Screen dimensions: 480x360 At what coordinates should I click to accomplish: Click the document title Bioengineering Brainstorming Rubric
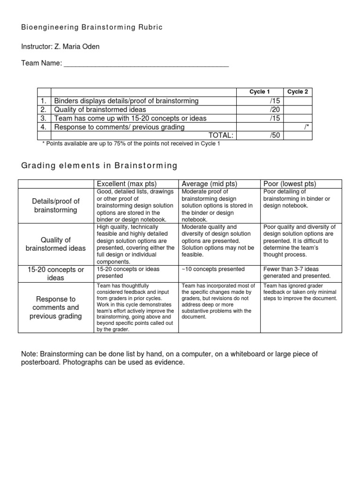coord(92,28)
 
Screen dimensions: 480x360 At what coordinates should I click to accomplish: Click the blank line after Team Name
coord(146,64)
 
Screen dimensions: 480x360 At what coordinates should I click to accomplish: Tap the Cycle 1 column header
coord(259,92)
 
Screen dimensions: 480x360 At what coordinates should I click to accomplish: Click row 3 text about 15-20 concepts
coord(130,119)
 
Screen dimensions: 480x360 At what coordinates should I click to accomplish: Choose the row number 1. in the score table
coord(43,101)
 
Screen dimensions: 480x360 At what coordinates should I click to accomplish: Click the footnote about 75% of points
coord(131,144)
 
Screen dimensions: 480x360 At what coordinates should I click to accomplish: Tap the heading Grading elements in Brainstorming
coord(99,165)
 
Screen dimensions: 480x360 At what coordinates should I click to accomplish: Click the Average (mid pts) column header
coord(210,183)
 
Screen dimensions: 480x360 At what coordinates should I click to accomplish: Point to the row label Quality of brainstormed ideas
coord(56,244)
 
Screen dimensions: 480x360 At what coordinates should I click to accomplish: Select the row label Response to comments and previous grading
coord(56,307)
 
